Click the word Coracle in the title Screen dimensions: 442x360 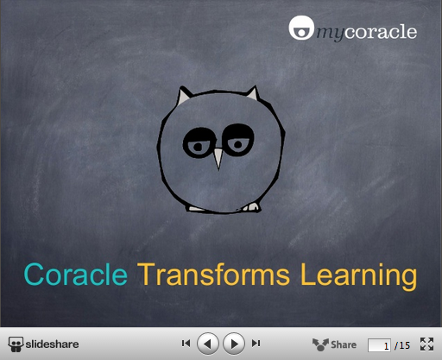[76, 275]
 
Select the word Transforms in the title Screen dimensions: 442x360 [213, 275]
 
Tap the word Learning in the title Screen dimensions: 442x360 [358, 276]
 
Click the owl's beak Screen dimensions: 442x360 [218, 159]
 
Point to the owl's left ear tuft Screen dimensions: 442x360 [183, 96]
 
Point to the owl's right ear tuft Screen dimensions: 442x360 [253, 93]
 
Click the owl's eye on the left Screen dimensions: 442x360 [199, 143]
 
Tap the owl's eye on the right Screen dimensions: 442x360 [238, 140]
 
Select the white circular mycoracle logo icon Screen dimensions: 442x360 [301, 28]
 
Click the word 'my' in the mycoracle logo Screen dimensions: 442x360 [331, 34]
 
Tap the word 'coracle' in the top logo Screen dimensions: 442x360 [381, 31]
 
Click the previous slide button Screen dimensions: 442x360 [208, 344]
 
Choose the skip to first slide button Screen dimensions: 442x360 [186, 344]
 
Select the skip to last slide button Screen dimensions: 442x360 [256, 344]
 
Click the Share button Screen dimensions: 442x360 [334, 344]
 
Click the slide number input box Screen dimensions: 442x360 [379, 345]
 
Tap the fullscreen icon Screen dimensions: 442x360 [426, 344]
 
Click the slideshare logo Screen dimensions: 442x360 [43, 344]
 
